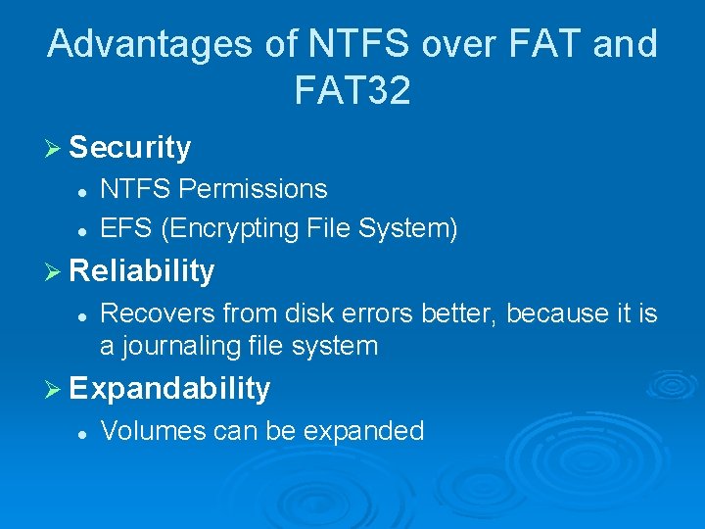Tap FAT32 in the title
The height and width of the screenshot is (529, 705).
pos(352,91)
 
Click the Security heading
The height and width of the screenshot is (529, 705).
pos(130,148)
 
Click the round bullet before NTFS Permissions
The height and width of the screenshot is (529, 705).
pos(85,189)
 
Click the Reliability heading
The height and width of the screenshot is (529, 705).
pos(142,270)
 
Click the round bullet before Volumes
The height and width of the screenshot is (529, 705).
pos(85,432)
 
